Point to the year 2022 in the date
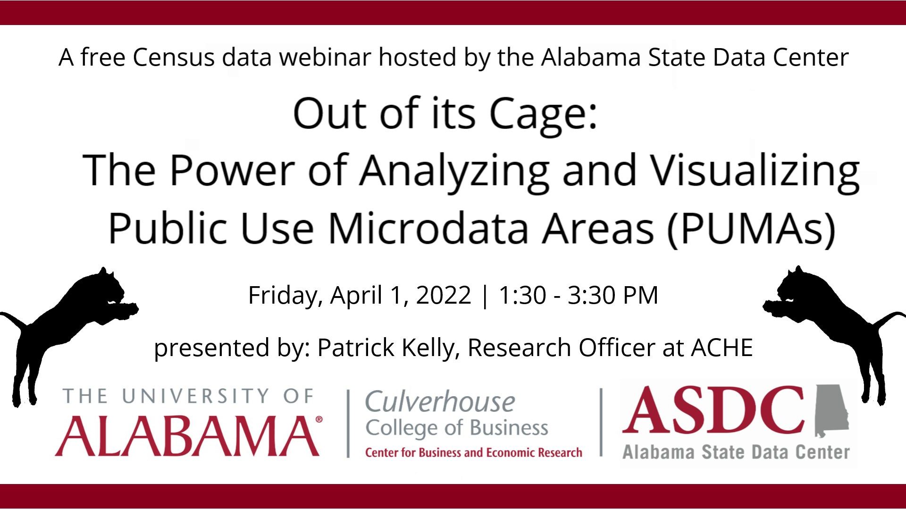click(x=444, y=295)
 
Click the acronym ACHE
click(x=722, y=348)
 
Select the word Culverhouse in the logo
click(x=440, y=402)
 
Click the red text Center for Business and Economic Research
click(x=474, y=453)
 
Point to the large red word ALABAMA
click(x=188, y=436)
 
